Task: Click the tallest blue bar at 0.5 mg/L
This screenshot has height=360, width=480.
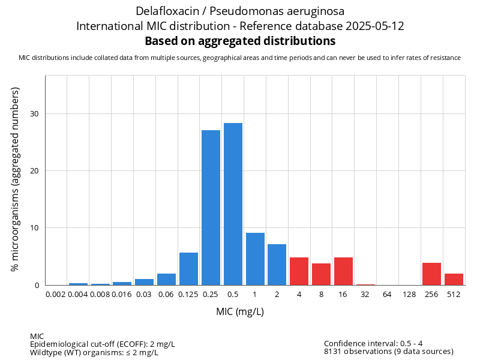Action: click(233, 204)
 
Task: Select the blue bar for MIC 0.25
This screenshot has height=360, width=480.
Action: click(211, 208)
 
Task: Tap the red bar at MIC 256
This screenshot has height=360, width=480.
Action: click(431, 274)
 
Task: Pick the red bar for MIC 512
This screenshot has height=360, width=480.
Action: click(454, 279)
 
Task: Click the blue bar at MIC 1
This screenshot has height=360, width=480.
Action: click(255, 259)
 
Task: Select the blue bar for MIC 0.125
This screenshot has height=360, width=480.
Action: click(188, 269)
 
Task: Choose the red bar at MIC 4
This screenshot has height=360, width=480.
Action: click(299, 271)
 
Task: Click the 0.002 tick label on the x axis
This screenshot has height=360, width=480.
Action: click(56, 295)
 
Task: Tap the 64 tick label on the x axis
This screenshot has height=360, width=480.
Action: click(387, 295)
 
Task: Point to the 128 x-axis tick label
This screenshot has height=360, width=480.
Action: click(409, 295)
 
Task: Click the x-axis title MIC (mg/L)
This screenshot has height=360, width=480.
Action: click(240, 312)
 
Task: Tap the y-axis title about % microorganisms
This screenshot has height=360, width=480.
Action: click(16, 179)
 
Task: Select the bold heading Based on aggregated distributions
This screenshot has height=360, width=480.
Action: click(240, 41)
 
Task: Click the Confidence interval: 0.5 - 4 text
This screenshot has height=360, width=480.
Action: click(373, 344)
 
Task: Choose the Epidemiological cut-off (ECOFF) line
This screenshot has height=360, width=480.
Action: click(103, 344)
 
